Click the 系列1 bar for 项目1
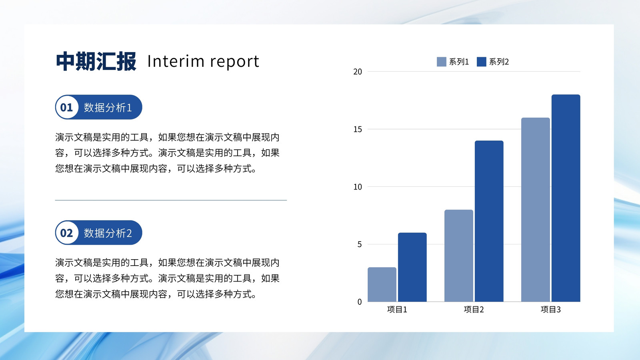point(382,284)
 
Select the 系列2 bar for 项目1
point(412,267)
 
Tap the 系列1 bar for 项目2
point(458,256)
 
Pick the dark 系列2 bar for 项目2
point(489,221)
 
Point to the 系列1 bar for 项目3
point(536,210)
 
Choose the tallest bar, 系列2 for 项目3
point(566,198)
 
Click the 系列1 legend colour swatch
point(442,62)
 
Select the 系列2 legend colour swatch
point(482,62)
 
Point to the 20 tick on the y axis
point(358,72)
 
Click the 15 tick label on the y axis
point(358,130)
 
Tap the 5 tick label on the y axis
point(360,244)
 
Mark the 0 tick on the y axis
point(360,302)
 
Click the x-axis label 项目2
point(474,310)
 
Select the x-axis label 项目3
point(550,310)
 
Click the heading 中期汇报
point(96,61)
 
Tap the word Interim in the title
point(176,61)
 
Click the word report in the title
point(234,62)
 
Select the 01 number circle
point(67,107)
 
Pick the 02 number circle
point(67,232)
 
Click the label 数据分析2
point(108,233)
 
